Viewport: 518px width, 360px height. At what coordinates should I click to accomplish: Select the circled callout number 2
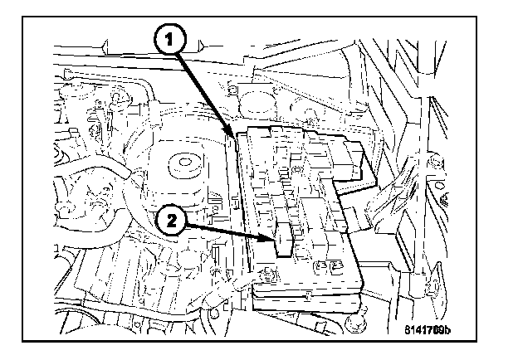pos(170,221)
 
